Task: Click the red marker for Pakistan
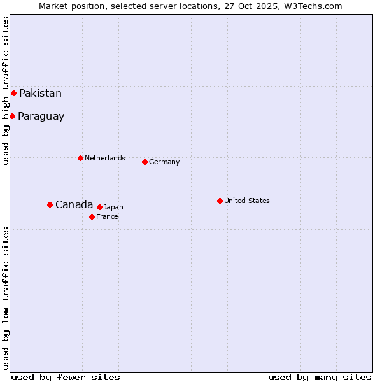click(x=13, y=93)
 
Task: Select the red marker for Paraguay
click(x=12, y=116)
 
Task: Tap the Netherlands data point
click(x=80, y=158)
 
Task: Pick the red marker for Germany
click(x=145, y=162)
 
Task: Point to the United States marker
click(x=220, y=201)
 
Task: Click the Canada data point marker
click(x=50, y=204)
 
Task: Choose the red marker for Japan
click(x=99, y=207)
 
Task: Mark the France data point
click(x=92, y=216)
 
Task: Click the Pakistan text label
click(x=40, y=94)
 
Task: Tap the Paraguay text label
click(x=41, y=117)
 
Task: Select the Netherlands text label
click(x=104, y=158)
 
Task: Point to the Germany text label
click(x=164, y=162)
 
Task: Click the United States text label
click(x=246, y=201)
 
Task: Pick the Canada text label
click(x=74, y=204)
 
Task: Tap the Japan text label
click(x=113, y=207)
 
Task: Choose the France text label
click(x=107, y=216)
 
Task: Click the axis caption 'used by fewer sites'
click(x=66, y=377)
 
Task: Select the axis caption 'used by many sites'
click(x=320, y=377)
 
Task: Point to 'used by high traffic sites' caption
click(x=6, y=90)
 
